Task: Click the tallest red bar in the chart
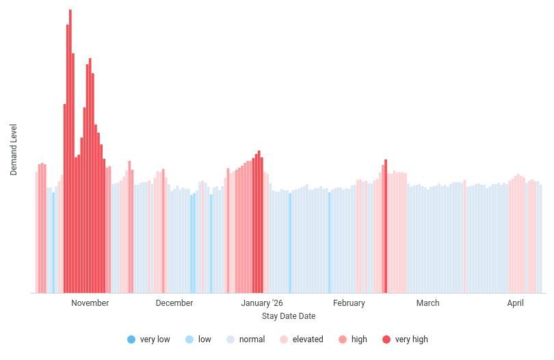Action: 70,151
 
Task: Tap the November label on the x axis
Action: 90,303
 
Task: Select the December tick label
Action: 174,303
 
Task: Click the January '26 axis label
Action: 261,303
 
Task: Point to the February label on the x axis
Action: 349,303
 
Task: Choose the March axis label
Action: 427,303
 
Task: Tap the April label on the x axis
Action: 516,303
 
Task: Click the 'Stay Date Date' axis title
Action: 288,316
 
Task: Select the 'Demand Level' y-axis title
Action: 14,150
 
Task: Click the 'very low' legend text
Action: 155,339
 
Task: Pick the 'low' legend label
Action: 205,339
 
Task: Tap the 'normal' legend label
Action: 252,339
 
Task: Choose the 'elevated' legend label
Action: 308,339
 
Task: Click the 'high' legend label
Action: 359,339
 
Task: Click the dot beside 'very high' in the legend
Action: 386,339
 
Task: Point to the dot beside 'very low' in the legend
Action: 131,339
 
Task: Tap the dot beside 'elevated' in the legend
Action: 284,339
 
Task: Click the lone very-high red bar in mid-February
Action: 386,226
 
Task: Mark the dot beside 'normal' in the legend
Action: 230,339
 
